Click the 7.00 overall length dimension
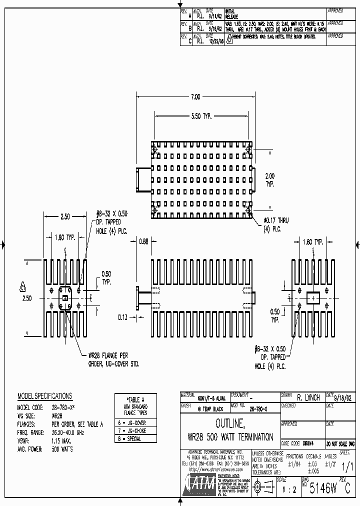click(x=195, y=96)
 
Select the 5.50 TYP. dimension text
click(x=198, y=116)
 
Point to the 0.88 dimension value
click(x=143, y=241)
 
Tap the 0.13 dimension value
click(x=123, y=316)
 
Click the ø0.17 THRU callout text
click(x=276, y=220)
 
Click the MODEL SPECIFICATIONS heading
click(x=44, y=396)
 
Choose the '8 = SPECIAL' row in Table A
click(x=129, y=438)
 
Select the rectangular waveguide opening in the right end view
click(x=313, y=297)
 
